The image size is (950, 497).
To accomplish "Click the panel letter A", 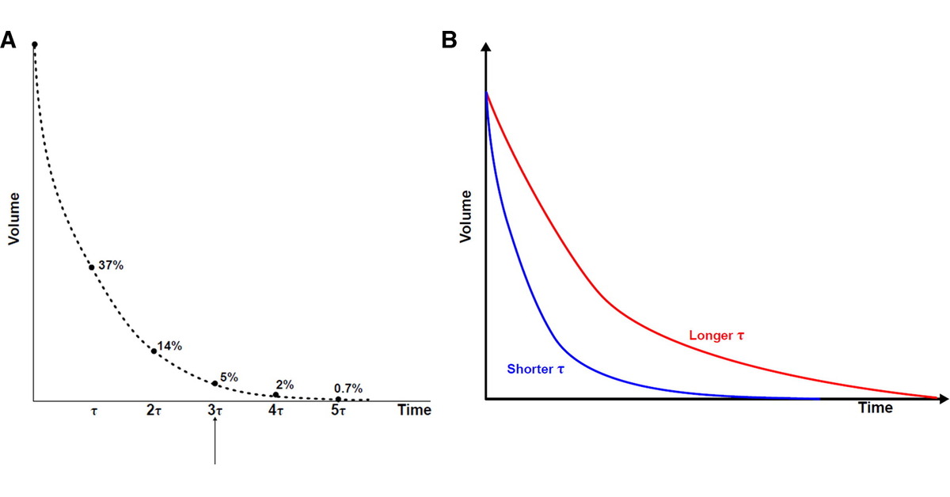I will [9, 40].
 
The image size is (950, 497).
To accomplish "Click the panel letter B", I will [449, 40].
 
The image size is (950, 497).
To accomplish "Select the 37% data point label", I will [111, 265].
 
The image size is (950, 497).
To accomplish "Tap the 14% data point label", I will [169, 346].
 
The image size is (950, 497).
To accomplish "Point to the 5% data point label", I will [229, 377].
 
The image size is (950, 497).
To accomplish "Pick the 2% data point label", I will [285, 385].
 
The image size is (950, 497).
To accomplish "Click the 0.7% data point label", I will [348, 388].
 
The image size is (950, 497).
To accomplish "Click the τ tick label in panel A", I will [94, 411].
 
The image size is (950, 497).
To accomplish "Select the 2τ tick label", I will [154, 411].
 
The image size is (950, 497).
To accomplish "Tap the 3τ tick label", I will [215, 411].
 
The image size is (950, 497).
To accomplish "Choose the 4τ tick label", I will [275, 411].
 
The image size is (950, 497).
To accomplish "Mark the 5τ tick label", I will [338, 411].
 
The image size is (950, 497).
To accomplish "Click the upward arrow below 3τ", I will [215, 443].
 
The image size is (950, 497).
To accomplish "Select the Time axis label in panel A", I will [414, 410].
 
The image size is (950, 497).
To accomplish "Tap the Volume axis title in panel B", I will [466, 215].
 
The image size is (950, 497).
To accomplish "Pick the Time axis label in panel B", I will [876, 408].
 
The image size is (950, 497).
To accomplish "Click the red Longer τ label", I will [716, 336].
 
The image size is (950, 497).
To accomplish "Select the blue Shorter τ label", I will [536, 369].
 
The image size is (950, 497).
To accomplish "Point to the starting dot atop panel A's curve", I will [34, 45].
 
